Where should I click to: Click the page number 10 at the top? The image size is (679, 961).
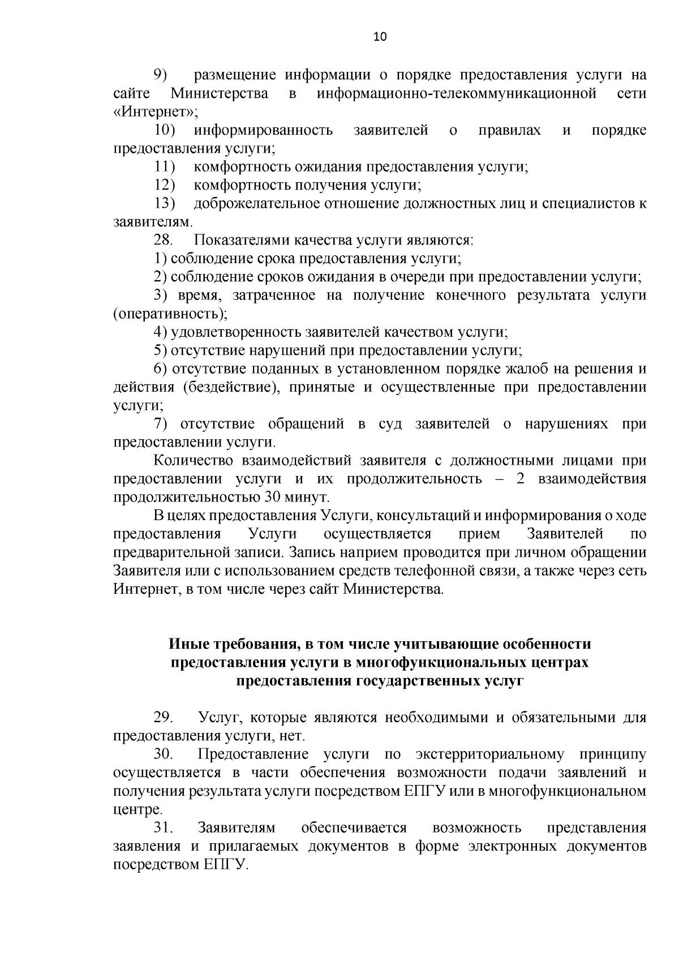(x=380, y=37)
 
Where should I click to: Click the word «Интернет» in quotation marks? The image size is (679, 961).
(x=155, y=112)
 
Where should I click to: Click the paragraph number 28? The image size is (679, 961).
(x=164, y=240)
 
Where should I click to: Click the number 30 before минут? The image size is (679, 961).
(x=272, y=498)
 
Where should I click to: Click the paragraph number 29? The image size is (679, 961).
(x=163, y=718)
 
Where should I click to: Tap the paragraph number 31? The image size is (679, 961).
(x=163, y=829)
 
